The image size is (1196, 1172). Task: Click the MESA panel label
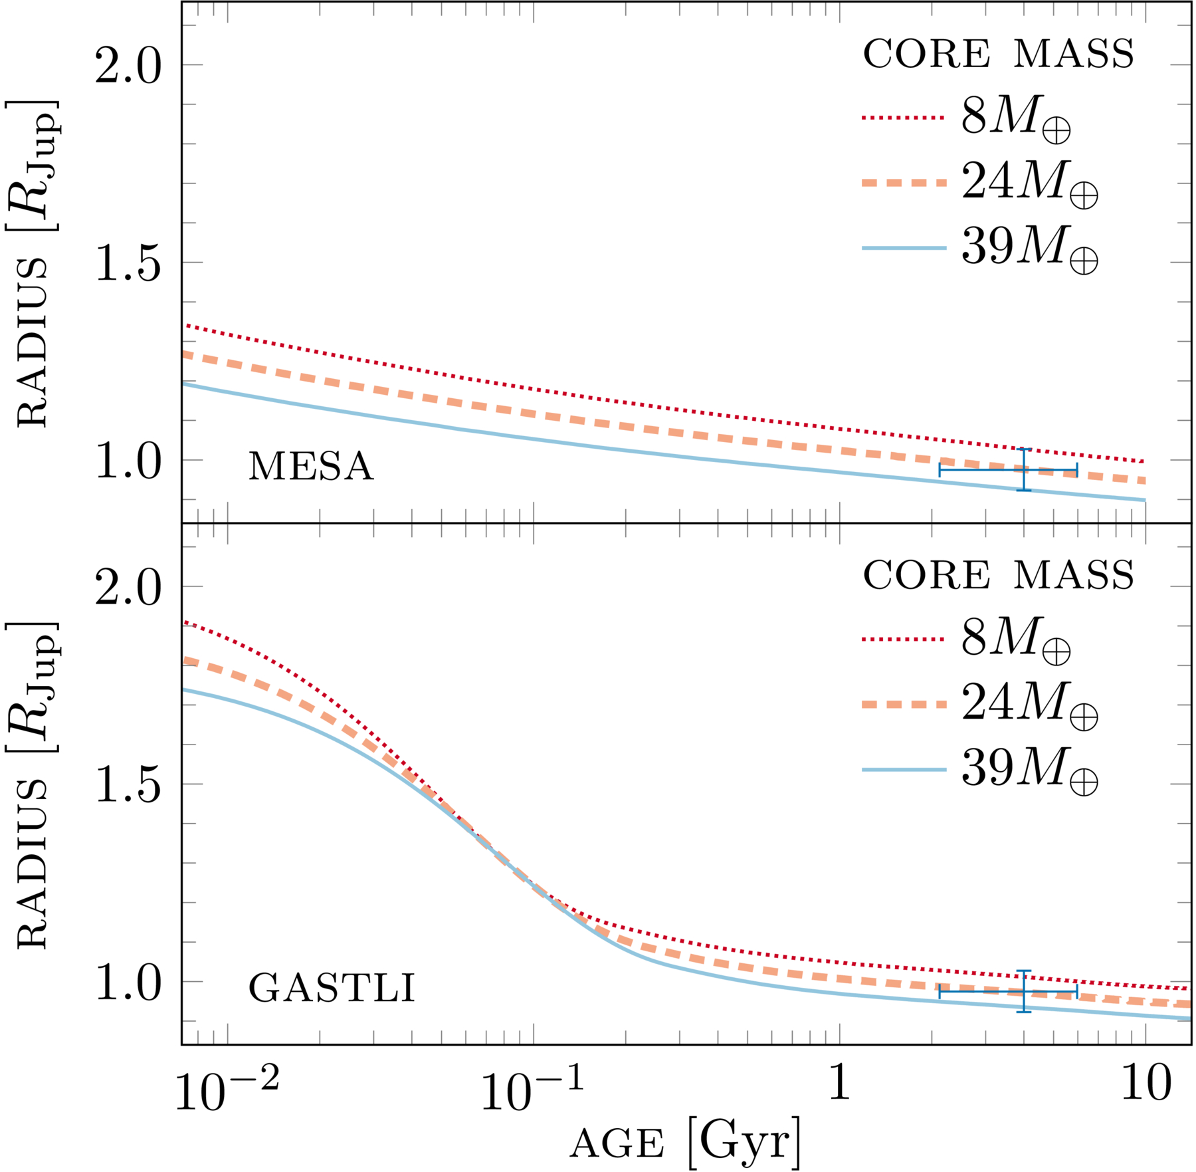310,467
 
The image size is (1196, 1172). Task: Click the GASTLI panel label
332,989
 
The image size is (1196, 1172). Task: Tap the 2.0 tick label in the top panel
128,66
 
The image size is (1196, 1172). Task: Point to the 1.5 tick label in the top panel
128,263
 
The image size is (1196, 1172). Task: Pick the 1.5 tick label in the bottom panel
128,785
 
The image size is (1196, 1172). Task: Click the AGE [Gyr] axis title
684,1142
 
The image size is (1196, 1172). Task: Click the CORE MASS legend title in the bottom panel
998,575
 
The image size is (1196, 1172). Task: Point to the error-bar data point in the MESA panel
1024,470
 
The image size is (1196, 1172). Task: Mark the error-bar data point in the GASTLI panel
1024,992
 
